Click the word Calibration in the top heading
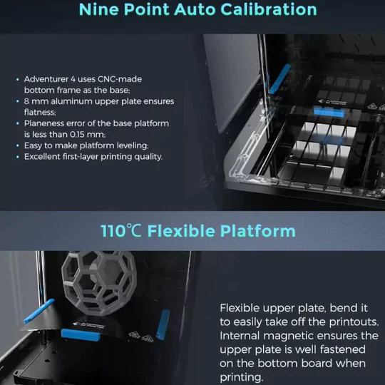coord(269,9)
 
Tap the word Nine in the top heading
coord(98,9)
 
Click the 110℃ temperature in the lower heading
coord(121,231)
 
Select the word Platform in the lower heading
coord(257,231)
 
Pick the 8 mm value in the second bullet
coord(36,101)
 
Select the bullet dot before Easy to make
coord(17,145)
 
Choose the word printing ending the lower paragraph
coord(241,377)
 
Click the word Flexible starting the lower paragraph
coord(240,308)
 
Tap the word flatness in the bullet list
coord(40,112)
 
